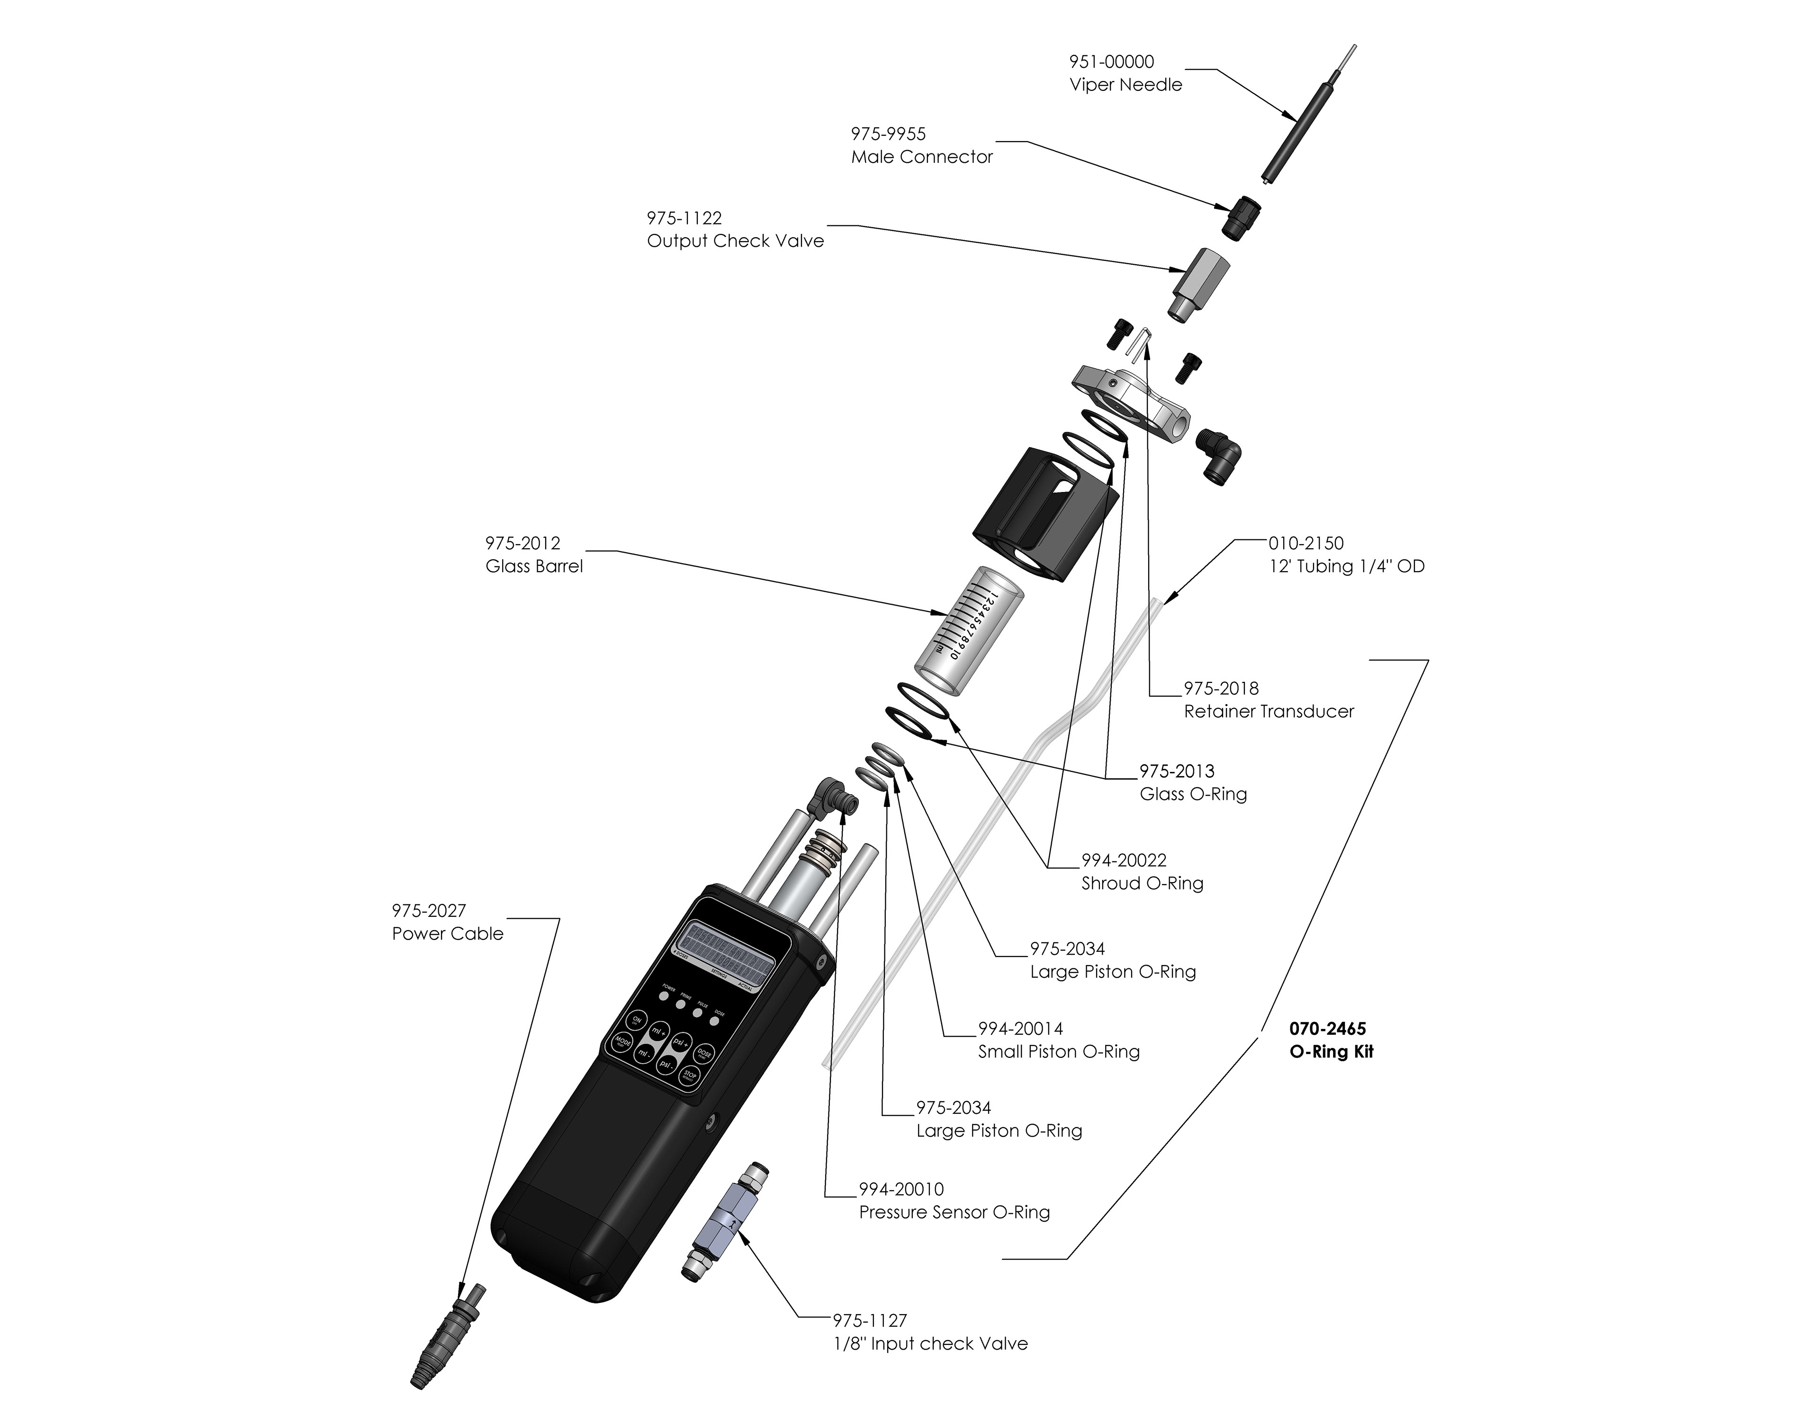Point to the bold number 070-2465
click(x=1328, y=1029)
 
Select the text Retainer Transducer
click(x=1269, y=711)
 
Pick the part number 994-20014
click(x=1020, y=1029)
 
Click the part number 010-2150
click(x=1305, y=543)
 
